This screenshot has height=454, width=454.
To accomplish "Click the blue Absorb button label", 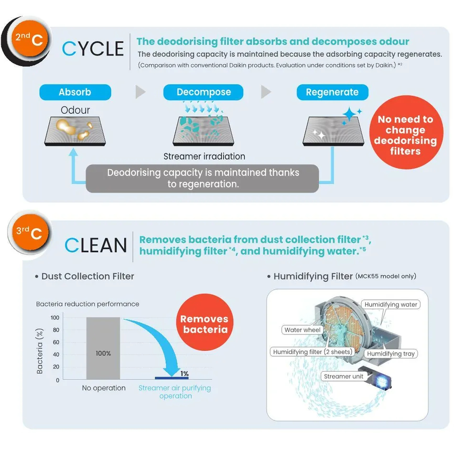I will [75, 92].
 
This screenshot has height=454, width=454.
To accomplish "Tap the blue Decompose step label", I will [203, 92].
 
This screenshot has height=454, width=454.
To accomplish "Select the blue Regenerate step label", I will [332, 92].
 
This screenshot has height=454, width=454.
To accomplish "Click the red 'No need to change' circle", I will [405, 135].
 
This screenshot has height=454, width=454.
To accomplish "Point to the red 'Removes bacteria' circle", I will [204, 324].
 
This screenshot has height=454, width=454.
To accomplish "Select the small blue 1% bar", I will [172, 378].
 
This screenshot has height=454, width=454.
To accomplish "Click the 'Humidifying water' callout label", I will [391, 304].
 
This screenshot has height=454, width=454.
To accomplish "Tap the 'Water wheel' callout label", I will [303, 330].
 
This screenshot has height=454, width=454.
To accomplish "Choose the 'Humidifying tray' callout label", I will [391, 354].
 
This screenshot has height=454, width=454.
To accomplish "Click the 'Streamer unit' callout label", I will [343, 376].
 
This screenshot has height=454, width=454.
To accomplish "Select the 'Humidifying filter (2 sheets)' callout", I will [312, 352].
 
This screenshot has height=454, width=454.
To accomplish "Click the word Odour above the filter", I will [75, 110].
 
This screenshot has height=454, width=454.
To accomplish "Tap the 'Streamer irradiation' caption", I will [204, 156].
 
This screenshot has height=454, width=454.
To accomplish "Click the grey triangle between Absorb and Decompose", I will [140, 92].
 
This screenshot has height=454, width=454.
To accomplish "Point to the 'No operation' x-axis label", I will [104, 388].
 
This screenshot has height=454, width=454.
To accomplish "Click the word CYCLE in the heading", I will [93, 49].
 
